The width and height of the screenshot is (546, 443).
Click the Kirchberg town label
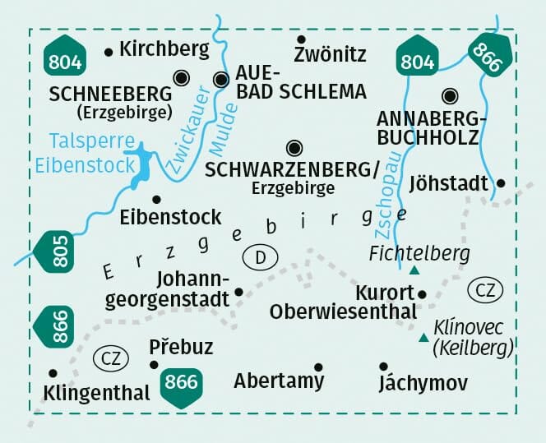(164, 49)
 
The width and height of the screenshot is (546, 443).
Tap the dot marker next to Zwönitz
(301, 39)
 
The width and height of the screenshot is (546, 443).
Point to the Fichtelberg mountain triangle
(414, 270)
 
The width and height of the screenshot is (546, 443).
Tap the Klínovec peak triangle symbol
(423, 337)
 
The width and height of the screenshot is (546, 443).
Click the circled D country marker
(261, 258)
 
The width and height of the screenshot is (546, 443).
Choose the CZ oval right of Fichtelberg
(484, 289)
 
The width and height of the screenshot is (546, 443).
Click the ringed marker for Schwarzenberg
(294, 148)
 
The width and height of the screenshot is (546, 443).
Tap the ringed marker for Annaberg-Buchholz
(449, 95)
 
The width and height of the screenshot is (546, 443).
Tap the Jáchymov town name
(423, 383)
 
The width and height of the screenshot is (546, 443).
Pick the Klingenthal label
(98, 393)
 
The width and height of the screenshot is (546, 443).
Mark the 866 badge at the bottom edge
(181, 383)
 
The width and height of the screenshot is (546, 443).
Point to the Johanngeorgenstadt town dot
(238, 291)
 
